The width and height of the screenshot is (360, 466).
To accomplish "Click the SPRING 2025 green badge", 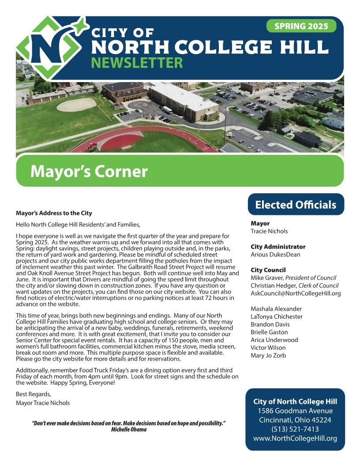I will (x=301, y=26).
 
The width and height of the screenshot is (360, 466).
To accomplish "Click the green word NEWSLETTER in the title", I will (x=137, y=63).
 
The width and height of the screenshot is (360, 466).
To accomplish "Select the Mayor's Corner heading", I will (x=89, y=171).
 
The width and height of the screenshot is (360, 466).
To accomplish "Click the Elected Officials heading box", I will (x=296, y=205).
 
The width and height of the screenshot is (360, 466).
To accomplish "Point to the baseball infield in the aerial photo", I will (x=76, y=105).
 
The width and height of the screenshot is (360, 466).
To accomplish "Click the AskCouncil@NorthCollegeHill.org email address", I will (x=296, y=293).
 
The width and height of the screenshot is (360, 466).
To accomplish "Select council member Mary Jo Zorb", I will (x=268, y=356).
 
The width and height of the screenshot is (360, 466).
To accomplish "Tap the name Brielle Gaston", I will (x=269, y=332).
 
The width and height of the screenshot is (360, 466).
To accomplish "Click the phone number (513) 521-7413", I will (x=295, y=429).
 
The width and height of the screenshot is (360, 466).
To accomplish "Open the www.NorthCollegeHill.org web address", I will (x=295, y=438).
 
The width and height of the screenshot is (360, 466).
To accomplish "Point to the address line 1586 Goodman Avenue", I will (x=295, y=411).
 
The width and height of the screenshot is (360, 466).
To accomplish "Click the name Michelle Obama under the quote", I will (x=129, y=429).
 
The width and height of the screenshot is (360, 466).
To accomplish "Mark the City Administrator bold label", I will (x=278, y=247).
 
